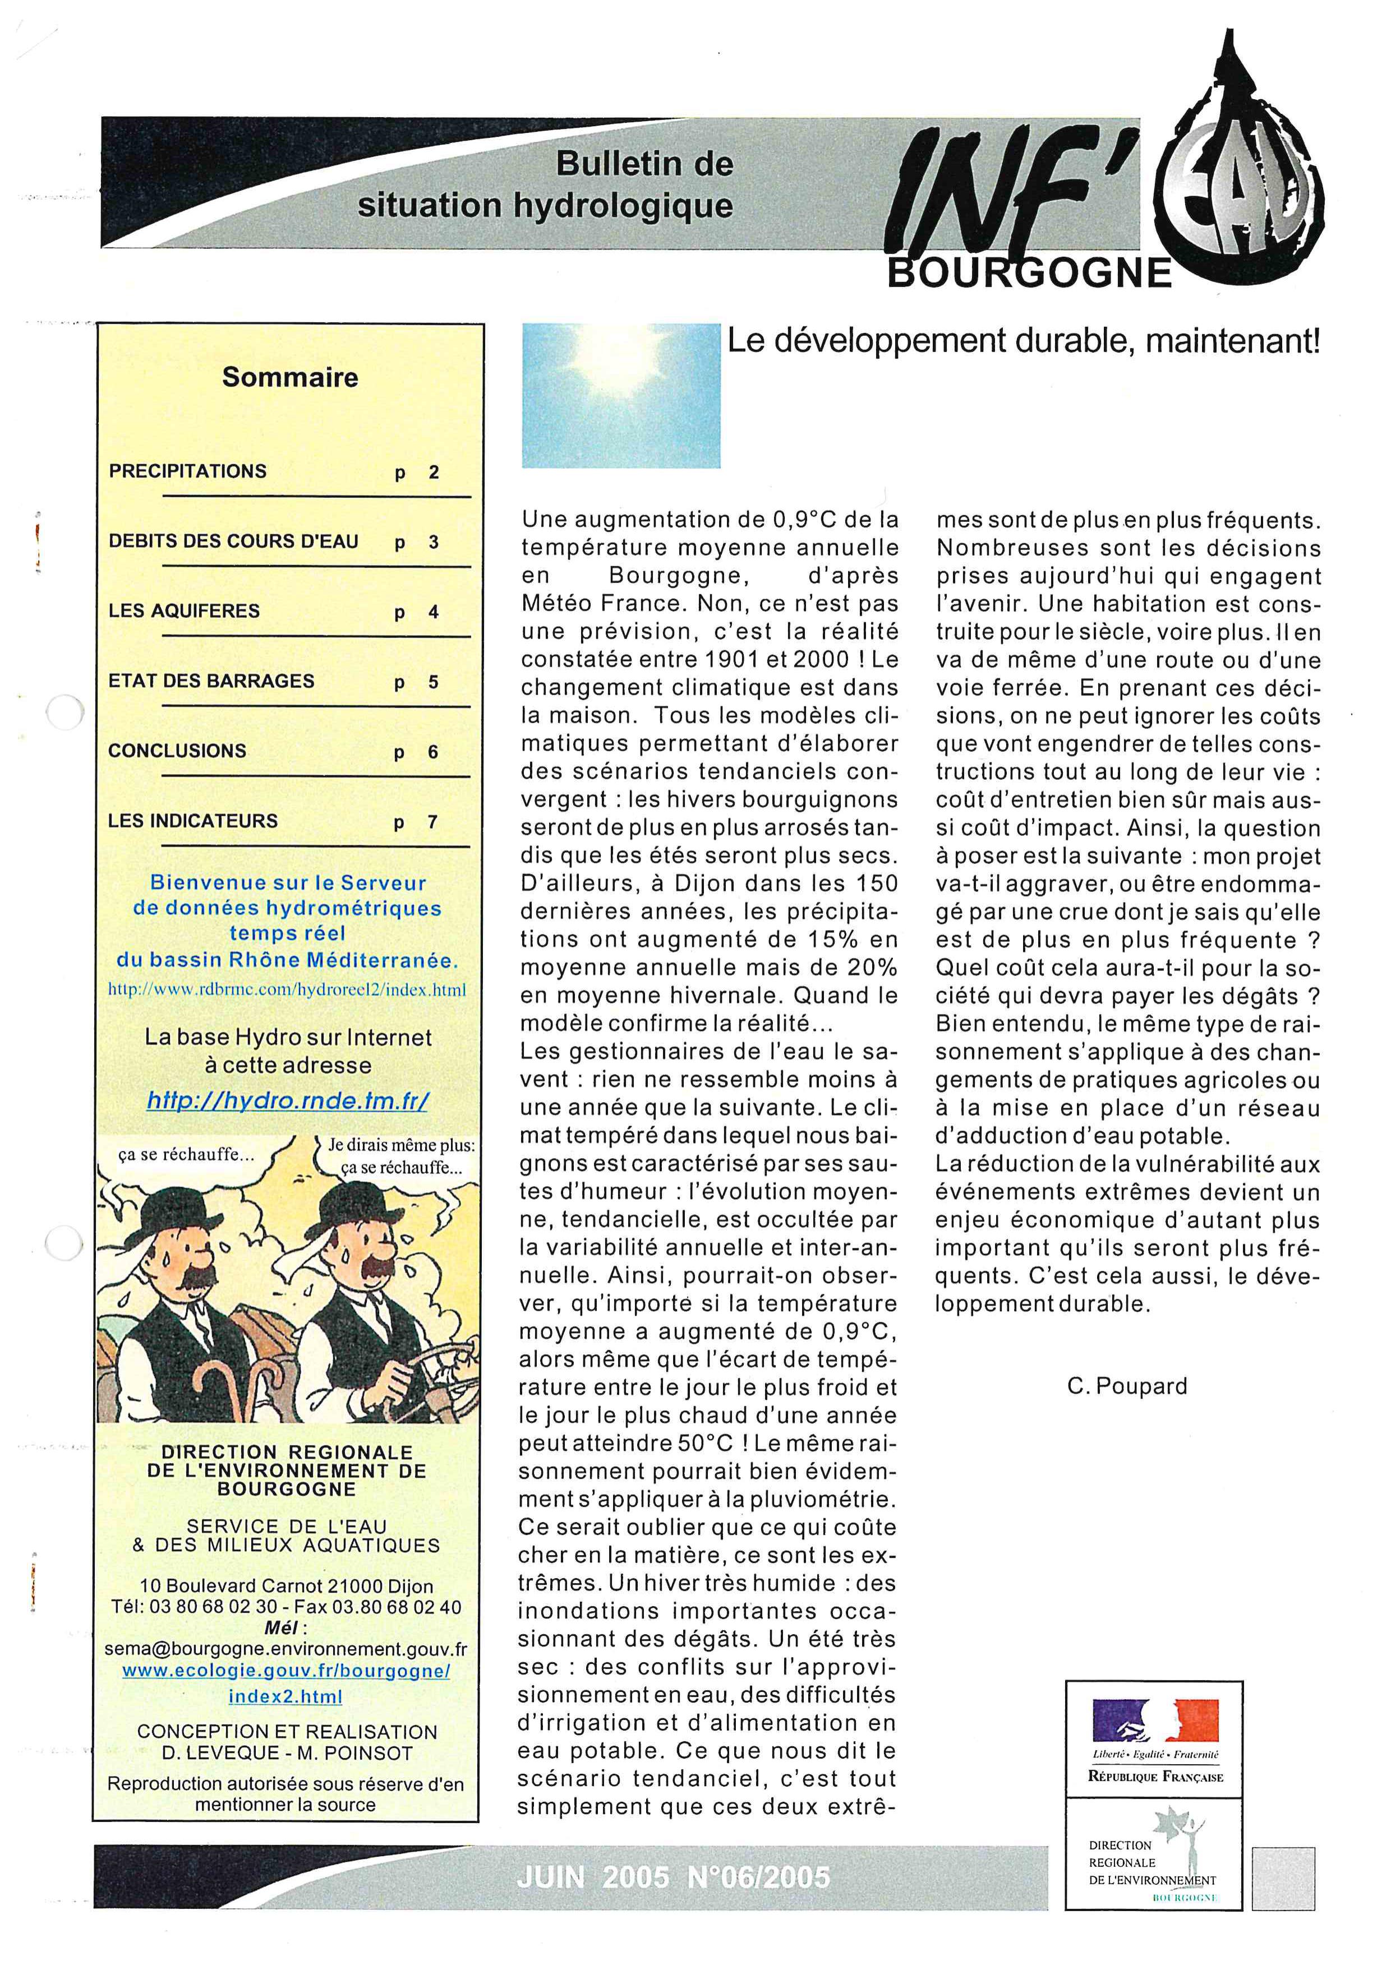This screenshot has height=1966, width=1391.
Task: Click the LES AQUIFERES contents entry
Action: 183,612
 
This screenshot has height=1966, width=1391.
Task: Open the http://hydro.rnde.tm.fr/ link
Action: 288,1100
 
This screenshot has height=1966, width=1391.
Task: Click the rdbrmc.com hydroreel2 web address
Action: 287,990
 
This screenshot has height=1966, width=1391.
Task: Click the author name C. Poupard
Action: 1127,1385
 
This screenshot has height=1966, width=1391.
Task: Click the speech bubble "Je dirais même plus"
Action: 401,1156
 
